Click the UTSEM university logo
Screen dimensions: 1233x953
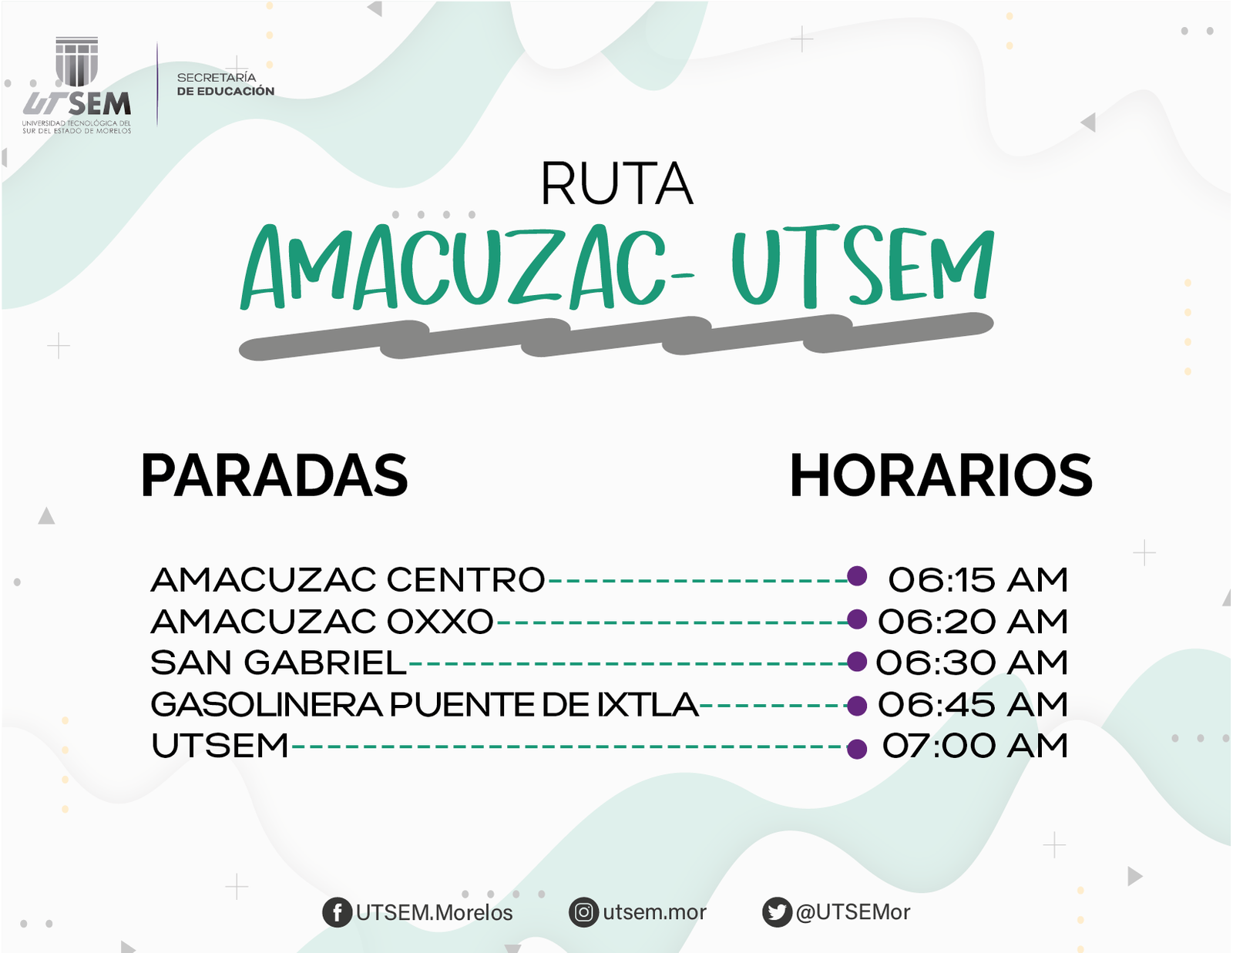[x=76, y=85]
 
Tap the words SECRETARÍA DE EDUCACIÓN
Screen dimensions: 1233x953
[x=225, y=84]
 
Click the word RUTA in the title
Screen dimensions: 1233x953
[x=616, y=184]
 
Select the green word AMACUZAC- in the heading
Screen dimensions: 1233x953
[x=467, y=267]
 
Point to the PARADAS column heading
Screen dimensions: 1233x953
[x=274, y=475]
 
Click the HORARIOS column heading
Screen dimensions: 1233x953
[x=941, y=475]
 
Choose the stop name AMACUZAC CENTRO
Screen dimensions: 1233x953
[x=348, y=580]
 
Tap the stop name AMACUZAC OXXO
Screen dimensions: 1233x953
[x=321, y=621]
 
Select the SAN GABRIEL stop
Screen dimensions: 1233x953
[x=279, y=663]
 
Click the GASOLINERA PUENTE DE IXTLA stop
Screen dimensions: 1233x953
[x=425, y=704]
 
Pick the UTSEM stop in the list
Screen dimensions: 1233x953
[x=220, y=746]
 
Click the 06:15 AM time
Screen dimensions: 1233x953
[x=978, y=580]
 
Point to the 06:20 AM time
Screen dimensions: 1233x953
[x=973, y=621]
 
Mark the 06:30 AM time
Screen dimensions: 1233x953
[x=972, y=663]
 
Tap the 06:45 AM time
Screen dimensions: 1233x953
[x=973, y=704]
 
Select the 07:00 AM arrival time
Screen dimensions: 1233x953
[x=975, y=746]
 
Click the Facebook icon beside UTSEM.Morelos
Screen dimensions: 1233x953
[x=338, y=913]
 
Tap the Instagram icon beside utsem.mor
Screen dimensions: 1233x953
[x=584, y=913]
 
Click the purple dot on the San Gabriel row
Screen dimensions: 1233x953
[x=857, y=662]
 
